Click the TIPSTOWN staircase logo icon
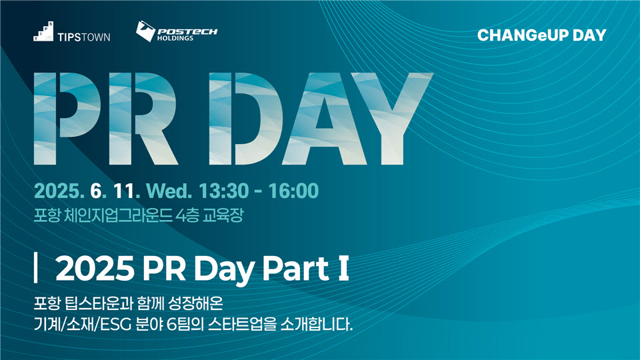coord(43,31)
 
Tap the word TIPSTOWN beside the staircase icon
coord(84,37)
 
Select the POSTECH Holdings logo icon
coord(145,31)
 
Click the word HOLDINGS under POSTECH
coord(175,39)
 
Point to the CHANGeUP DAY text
coord(541,35)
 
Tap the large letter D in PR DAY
coord(246,119)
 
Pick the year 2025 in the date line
coord(59,191)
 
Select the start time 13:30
coord(223,191)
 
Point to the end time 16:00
coord(293,191)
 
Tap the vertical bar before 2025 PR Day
coord(35,268)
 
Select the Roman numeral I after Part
coord(343,269)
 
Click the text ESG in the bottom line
coord(115,325)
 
